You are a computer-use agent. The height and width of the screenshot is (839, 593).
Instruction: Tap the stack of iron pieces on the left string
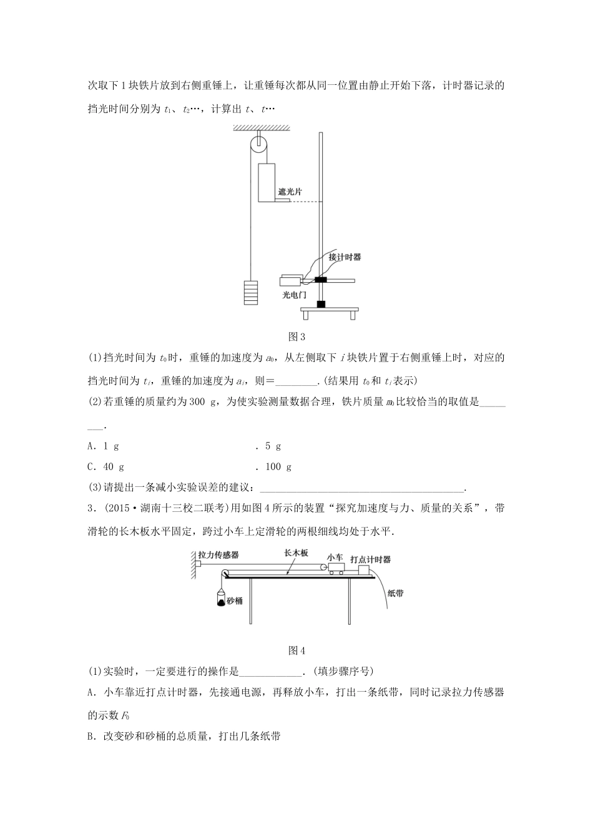[250, 292]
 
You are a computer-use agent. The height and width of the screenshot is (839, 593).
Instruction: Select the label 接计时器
[345, 257]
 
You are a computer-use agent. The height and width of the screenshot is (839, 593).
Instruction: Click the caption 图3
[296, 338]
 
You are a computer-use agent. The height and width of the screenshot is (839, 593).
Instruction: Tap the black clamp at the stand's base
[321, 305]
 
